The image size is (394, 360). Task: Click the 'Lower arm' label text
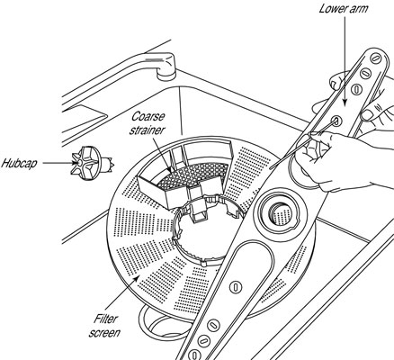(344, 8)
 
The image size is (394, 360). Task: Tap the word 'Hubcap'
(19, 164)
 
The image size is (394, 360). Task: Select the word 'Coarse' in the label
(148, 116)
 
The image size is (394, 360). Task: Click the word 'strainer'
(148, 130)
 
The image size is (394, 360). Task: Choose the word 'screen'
(104, 333)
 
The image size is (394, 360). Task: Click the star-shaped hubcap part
(92, 163)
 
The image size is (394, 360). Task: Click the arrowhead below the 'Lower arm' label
(345, 103)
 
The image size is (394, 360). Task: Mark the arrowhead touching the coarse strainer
(170, 169)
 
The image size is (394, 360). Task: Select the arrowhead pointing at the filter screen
(137, 279)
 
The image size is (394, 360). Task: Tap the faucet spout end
(166, 74)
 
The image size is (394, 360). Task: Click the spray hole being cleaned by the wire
(336, 121)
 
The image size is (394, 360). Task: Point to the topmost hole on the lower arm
(375, 58)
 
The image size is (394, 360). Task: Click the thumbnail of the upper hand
(367, 115)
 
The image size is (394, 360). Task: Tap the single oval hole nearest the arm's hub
(236, 287)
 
